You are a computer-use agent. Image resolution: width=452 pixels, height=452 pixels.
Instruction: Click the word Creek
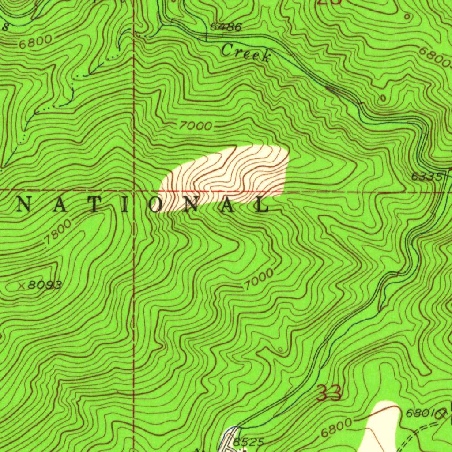point(246,53)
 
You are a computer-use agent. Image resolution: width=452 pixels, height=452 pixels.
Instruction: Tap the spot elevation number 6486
point(226,27)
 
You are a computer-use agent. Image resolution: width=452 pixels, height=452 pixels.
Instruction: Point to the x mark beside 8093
point(21,286)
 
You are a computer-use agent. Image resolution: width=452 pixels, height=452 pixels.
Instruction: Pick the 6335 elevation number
point(427,177)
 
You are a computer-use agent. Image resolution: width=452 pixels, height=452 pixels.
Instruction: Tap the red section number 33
point(329,393)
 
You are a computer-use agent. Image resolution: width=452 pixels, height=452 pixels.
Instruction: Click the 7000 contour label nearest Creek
point(196,126)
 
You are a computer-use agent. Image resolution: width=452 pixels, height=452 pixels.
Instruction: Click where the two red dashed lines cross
point(134,191)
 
